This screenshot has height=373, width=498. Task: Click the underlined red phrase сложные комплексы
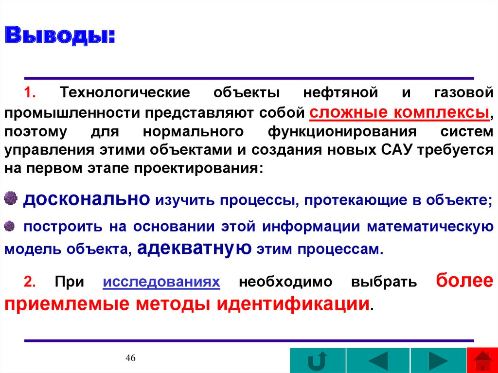(x=399, y=112)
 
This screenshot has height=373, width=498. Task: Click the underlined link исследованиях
(x=162, y=282)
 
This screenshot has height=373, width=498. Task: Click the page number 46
(x=130, y=358)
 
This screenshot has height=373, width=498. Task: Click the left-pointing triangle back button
(x=378, y=361)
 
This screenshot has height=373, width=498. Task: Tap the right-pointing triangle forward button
(x=438, y=361)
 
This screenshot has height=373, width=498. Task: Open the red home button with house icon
(x=482, y=361)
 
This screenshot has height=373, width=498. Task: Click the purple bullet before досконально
(x=12, y=198)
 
